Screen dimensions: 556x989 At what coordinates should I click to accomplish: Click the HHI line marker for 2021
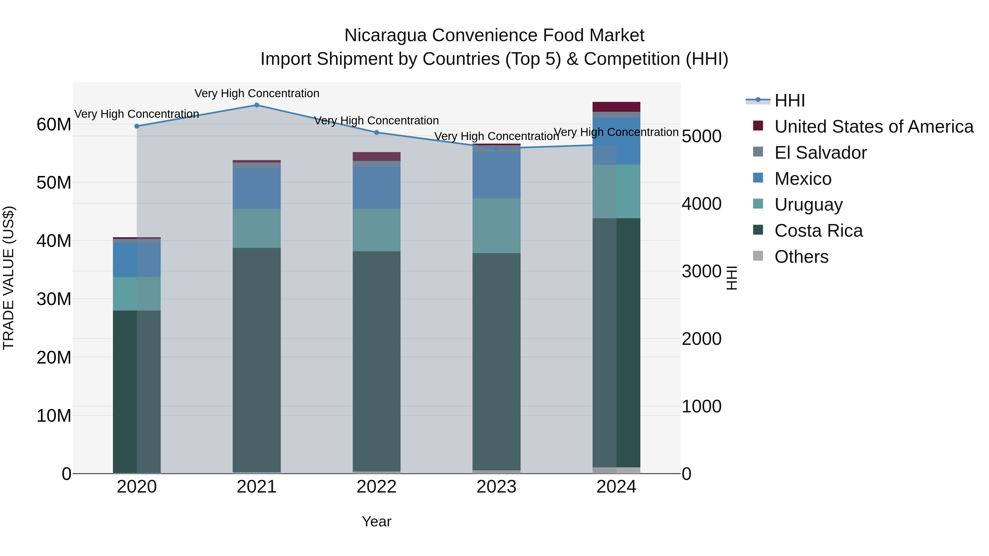point(257,105)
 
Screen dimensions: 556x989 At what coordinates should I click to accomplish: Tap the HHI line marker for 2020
point(137,126)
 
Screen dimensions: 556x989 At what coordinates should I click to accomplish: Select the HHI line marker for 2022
point(377,132)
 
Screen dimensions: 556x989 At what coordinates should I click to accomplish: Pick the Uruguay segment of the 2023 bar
point(496,226)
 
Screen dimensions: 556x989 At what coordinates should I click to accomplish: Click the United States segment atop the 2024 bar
point(616,107)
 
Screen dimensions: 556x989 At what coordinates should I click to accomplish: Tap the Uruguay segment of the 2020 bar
point(137,294)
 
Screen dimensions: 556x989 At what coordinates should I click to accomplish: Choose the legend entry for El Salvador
point(820,153)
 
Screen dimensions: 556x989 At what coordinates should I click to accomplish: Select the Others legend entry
point(801,257)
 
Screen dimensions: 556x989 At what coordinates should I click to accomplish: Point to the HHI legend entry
point(789,100)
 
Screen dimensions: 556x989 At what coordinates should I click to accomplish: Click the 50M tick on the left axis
point(54,183)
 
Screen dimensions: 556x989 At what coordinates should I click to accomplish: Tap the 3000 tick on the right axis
point(701,271)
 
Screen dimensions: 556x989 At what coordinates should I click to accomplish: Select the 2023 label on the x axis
point(496,487)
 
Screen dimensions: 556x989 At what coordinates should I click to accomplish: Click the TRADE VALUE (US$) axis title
point(9,278)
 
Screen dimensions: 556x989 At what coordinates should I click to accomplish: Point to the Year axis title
point(376,521)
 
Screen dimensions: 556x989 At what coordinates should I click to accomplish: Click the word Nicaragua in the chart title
point(385,35)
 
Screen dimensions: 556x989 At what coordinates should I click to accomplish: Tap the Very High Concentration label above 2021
point(257,93)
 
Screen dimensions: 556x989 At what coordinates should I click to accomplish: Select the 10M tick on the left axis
point(54,416)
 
